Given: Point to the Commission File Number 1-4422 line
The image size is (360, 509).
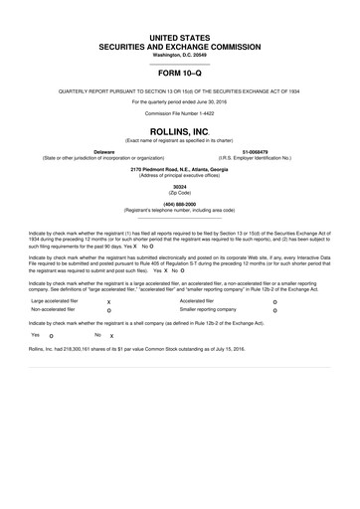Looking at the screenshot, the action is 180,112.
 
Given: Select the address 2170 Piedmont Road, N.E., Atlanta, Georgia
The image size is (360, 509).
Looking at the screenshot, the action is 180,169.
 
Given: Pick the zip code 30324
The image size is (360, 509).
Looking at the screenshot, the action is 180,187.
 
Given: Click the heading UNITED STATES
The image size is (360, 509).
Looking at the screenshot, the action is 180,36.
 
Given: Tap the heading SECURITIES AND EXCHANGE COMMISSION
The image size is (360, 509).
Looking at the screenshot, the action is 180,45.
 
